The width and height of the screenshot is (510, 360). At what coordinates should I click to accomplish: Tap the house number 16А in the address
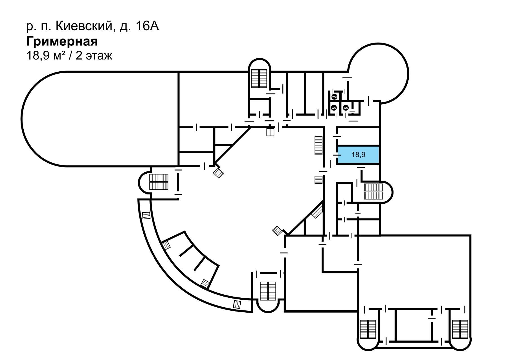[x=147, y=26]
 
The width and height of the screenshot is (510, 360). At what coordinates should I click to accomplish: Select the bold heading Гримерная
[x=62, y=42]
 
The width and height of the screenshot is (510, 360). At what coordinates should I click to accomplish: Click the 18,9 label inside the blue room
[x=358, y=154]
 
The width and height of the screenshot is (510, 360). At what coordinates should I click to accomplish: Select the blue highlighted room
[x=358, y=155]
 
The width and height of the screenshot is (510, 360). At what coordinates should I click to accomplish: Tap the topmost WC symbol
[x=335, y=97]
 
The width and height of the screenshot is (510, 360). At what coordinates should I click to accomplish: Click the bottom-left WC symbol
[x=334, y=108]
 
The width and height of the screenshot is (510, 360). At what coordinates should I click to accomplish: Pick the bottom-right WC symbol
[x=346, y=108]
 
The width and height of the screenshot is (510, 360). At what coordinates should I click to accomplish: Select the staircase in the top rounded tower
[x=259, y=78]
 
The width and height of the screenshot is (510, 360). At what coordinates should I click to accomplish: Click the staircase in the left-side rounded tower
[x=159, y=182]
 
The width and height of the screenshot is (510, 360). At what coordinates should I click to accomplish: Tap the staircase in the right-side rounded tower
[x=373, y=192]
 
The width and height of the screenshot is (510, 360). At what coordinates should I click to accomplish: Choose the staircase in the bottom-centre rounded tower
[x=268, y=291]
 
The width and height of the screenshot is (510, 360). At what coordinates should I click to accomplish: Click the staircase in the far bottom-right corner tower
[x=460, y=330]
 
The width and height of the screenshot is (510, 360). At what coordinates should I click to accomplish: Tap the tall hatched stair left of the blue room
[x=318, y=145]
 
